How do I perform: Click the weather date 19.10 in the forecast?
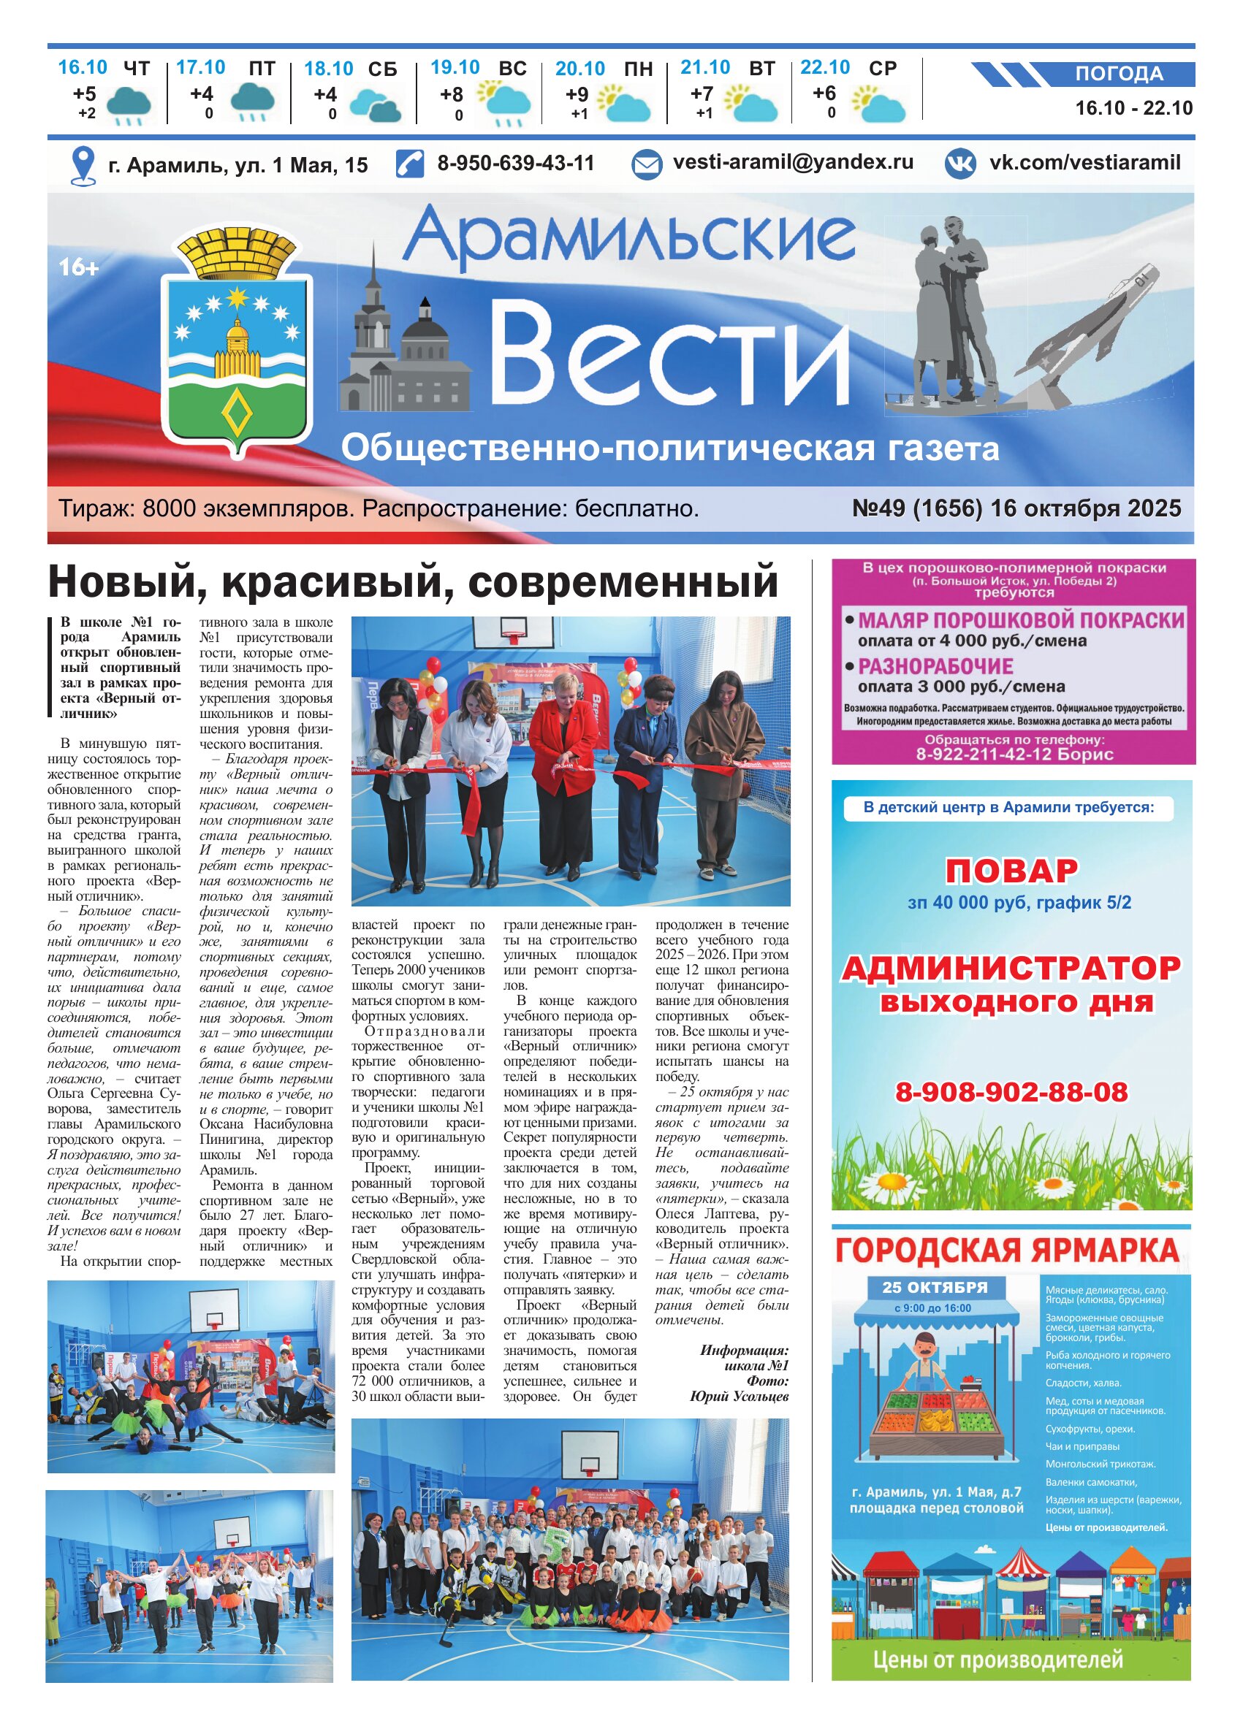coord(455,68)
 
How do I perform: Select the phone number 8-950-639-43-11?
coord(515,163)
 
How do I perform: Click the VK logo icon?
coord(960,164)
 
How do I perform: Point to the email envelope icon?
coord(647,164)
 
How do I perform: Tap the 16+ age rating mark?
coord(79,268)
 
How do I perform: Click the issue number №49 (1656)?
coord(917,508)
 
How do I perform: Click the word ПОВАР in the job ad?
coord(1011,871)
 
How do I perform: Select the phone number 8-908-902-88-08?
coord(1011,1092)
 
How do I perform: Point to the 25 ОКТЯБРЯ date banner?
coord(935,1288)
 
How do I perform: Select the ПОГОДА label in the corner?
coord(1119,74)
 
